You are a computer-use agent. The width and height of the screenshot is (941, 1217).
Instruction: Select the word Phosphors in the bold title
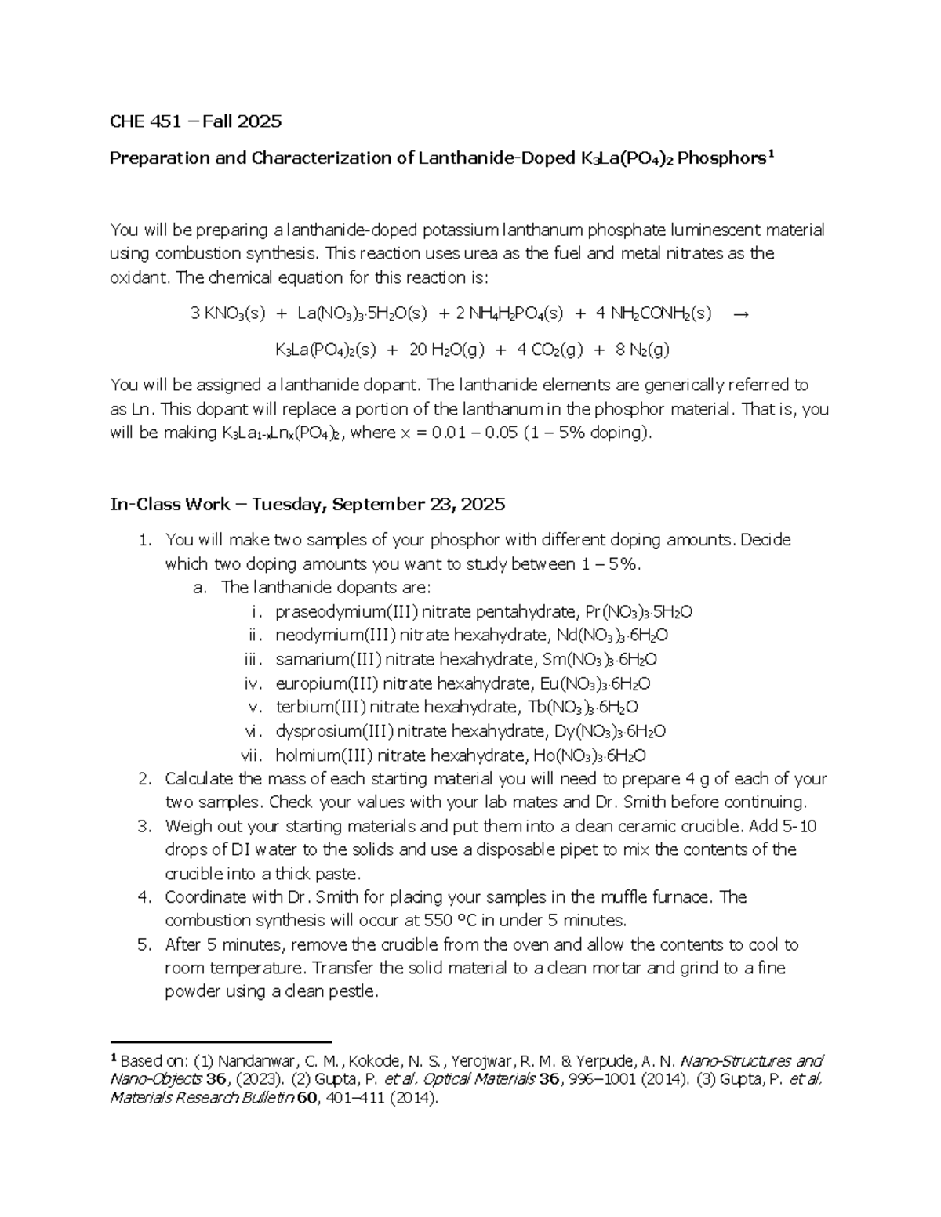(x=721, y=158)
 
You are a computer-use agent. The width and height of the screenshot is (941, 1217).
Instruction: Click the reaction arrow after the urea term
(x=740, y=314)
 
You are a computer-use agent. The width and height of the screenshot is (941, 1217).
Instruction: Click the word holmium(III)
(x=322, y=755)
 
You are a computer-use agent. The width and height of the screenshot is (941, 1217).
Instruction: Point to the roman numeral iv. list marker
(x=253, y=683)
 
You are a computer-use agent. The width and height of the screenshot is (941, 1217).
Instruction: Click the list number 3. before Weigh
(x=144, y=826)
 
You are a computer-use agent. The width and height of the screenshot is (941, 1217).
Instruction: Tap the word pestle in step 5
(x=355, y=991)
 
